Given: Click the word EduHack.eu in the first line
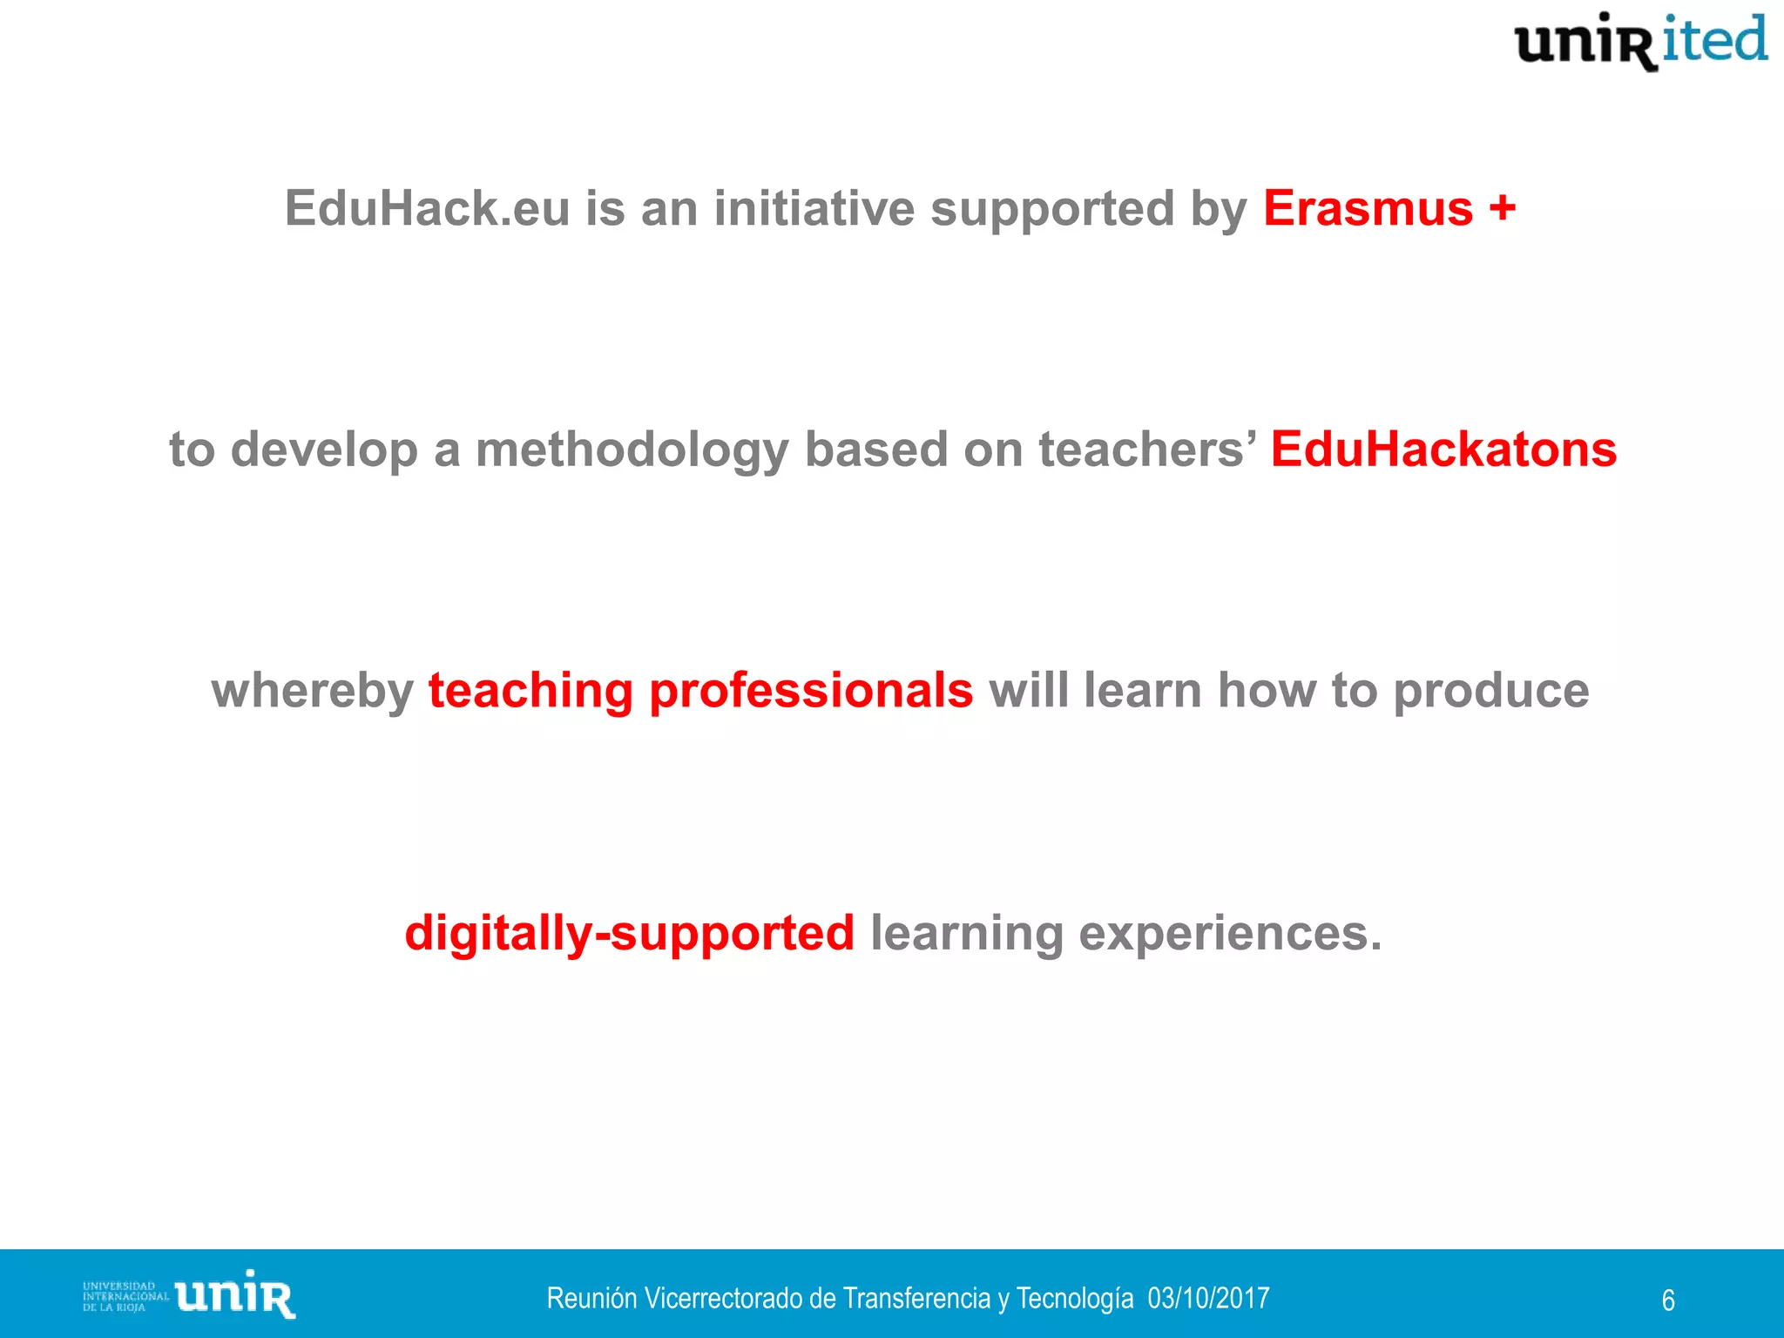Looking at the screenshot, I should (427, 209).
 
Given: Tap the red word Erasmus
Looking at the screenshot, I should (1368, 209).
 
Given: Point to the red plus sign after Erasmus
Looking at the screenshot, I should (1502, 209).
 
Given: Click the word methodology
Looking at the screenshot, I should (632, 450).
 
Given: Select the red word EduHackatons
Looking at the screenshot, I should (1443, 450).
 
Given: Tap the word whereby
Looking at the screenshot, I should (313, 692).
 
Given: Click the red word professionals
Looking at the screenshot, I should (811, 692).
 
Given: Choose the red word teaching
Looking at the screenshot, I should (530, 692).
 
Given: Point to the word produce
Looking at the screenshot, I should (1491, 692).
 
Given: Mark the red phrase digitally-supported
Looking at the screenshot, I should (629, 934).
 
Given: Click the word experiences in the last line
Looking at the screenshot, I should (1230, 934).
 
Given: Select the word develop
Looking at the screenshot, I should (324, 450).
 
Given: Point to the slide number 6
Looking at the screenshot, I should (1668, 1301).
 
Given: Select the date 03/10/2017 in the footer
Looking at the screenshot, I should (1208, 1298).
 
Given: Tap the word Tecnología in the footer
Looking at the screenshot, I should (1075, 1298).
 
